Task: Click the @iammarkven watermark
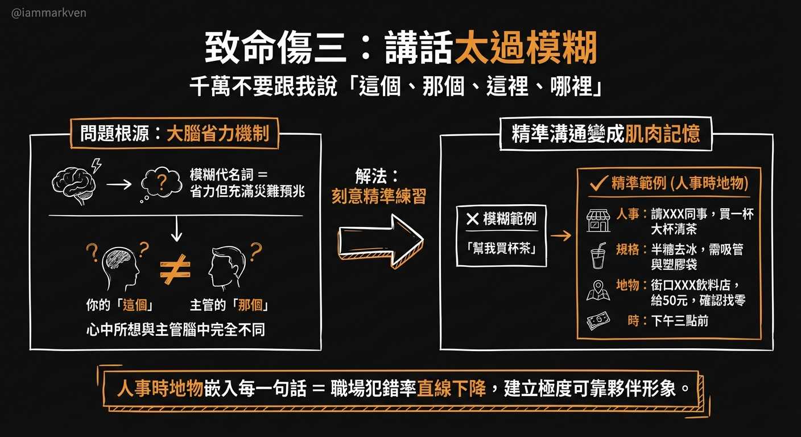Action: pyautogui.click(x=49, y=13)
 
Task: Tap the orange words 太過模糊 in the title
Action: pyautogui.click(x=526, y=49)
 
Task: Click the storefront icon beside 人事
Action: pyautogui.click(x=598, y=220)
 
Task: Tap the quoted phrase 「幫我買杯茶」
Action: pyautogui.click(x=501, y=248)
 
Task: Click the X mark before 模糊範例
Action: pyautogui.click(x=472, y=219)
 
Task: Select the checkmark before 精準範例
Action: pyautogui.click(x=598, y=183)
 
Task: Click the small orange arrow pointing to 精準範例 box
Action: pyautogui.click(x=561, y=235)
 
